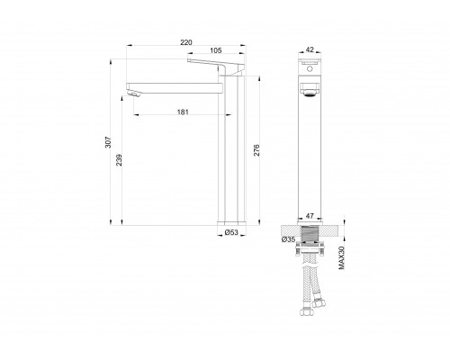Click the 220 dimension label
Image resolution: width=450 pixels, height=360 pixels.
(x=186, y=42)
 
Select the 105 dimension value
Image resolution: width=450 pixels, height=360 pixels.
(x=216, y=50)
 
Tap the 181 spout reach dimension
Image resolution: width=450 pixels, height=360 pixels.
(x=183, y=112)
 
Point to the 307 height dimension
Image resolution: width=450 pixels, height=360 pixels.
(x=108, y=142)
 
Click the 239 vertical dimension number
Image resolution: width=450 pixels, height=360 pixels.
(x=119, y=160)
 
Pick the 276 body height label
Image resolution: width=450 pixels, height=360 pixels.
(x=256, y=150)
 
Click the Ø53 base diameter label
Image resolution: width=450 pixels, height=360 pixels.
(x=231, y=232)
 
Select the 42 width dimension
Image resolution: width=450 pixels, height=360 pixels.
(x=310, y=49)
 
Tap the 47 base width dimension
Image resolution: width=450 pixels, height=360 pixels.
(x=310, y=216)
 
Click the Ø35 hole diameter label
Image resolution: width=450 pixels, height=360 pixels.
(x=289, y=239)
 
